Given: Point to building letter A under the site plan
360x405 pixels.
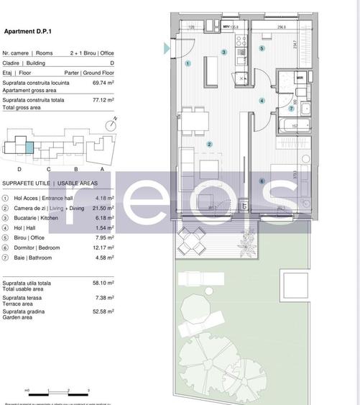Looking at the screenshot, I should coord(101,168).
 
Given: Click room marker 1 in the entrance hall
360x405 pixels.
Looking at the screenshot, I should coord(188,63).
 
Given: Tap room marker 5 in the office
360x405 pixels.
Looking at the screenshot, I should coord(262,49).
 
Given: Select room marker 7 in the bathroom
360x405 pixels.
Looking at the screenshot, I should coord(291,109).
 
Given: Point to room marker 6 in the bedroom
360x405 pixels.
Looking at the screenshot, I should coord(262,181).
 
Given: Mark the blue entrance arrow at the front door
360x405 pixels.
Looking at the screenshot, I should coord(167,48).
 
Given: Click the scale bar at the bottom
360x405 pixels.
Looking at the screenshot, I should coord(57,391).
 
